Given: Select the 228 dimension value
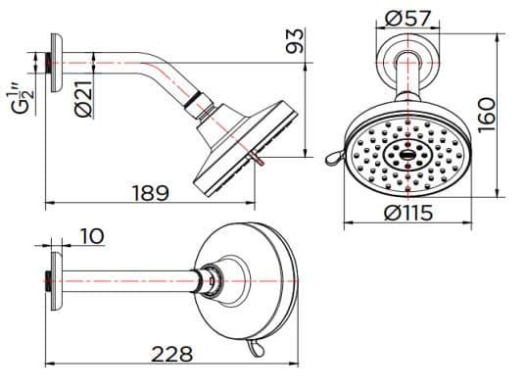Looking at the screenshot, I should pyautogui.click(x=171, y=354).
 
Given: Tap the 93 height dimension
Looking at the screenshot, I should pyautogui.click(x=294, y=41).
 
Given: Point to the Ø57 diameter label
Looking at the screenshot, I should pyautogui.click(x=404, y=17).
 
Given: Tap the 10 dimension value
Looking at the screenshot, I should pyautogui.click(x=92, y=236).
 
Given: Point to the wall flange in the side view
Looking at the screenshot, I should pyautogui.click(x=56, y=64).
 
